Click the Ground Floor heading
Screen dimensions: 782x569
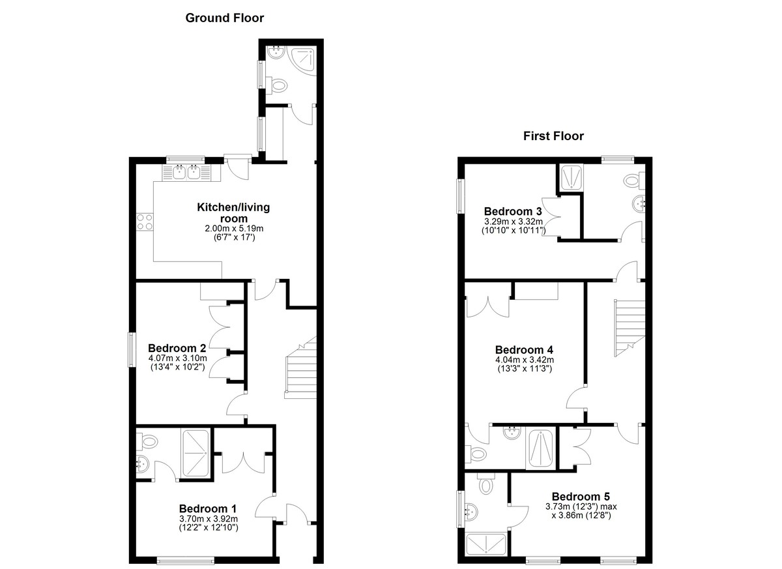[224, 18]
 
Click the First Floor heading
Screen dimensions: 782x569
[553, 136]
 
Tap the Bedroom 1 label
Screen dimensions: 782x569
[208, 508]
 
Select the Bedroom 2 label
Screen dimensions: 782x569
[177, 348]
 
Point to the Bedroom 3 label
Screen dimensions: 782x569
[513, 211]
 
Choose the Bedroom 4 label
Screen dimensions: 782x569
[524, 350]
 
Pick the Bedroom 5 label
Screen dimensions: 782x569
[581, 497]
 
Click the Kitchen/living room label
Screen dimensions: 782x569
[233, 213]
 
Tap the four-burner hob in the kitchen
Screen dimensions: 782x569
[145, 222]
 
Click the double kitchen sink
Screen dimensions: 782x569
[187, 172]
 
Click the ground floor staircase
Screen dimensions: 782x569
[300, 368]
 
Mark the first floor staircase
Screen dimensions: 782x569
[630, 328]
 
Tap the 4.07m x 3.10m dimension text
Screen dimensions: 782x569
[178, 358]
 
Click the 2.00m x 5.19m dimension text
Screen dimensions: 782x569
[234, 229]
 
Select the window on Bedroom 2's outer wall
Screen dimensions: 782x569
[132, 349]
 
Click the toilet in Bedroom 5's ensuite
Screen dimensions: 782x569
[486, 484]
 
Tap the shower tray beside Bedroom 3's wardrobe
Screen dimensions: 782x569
[571, 178]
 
